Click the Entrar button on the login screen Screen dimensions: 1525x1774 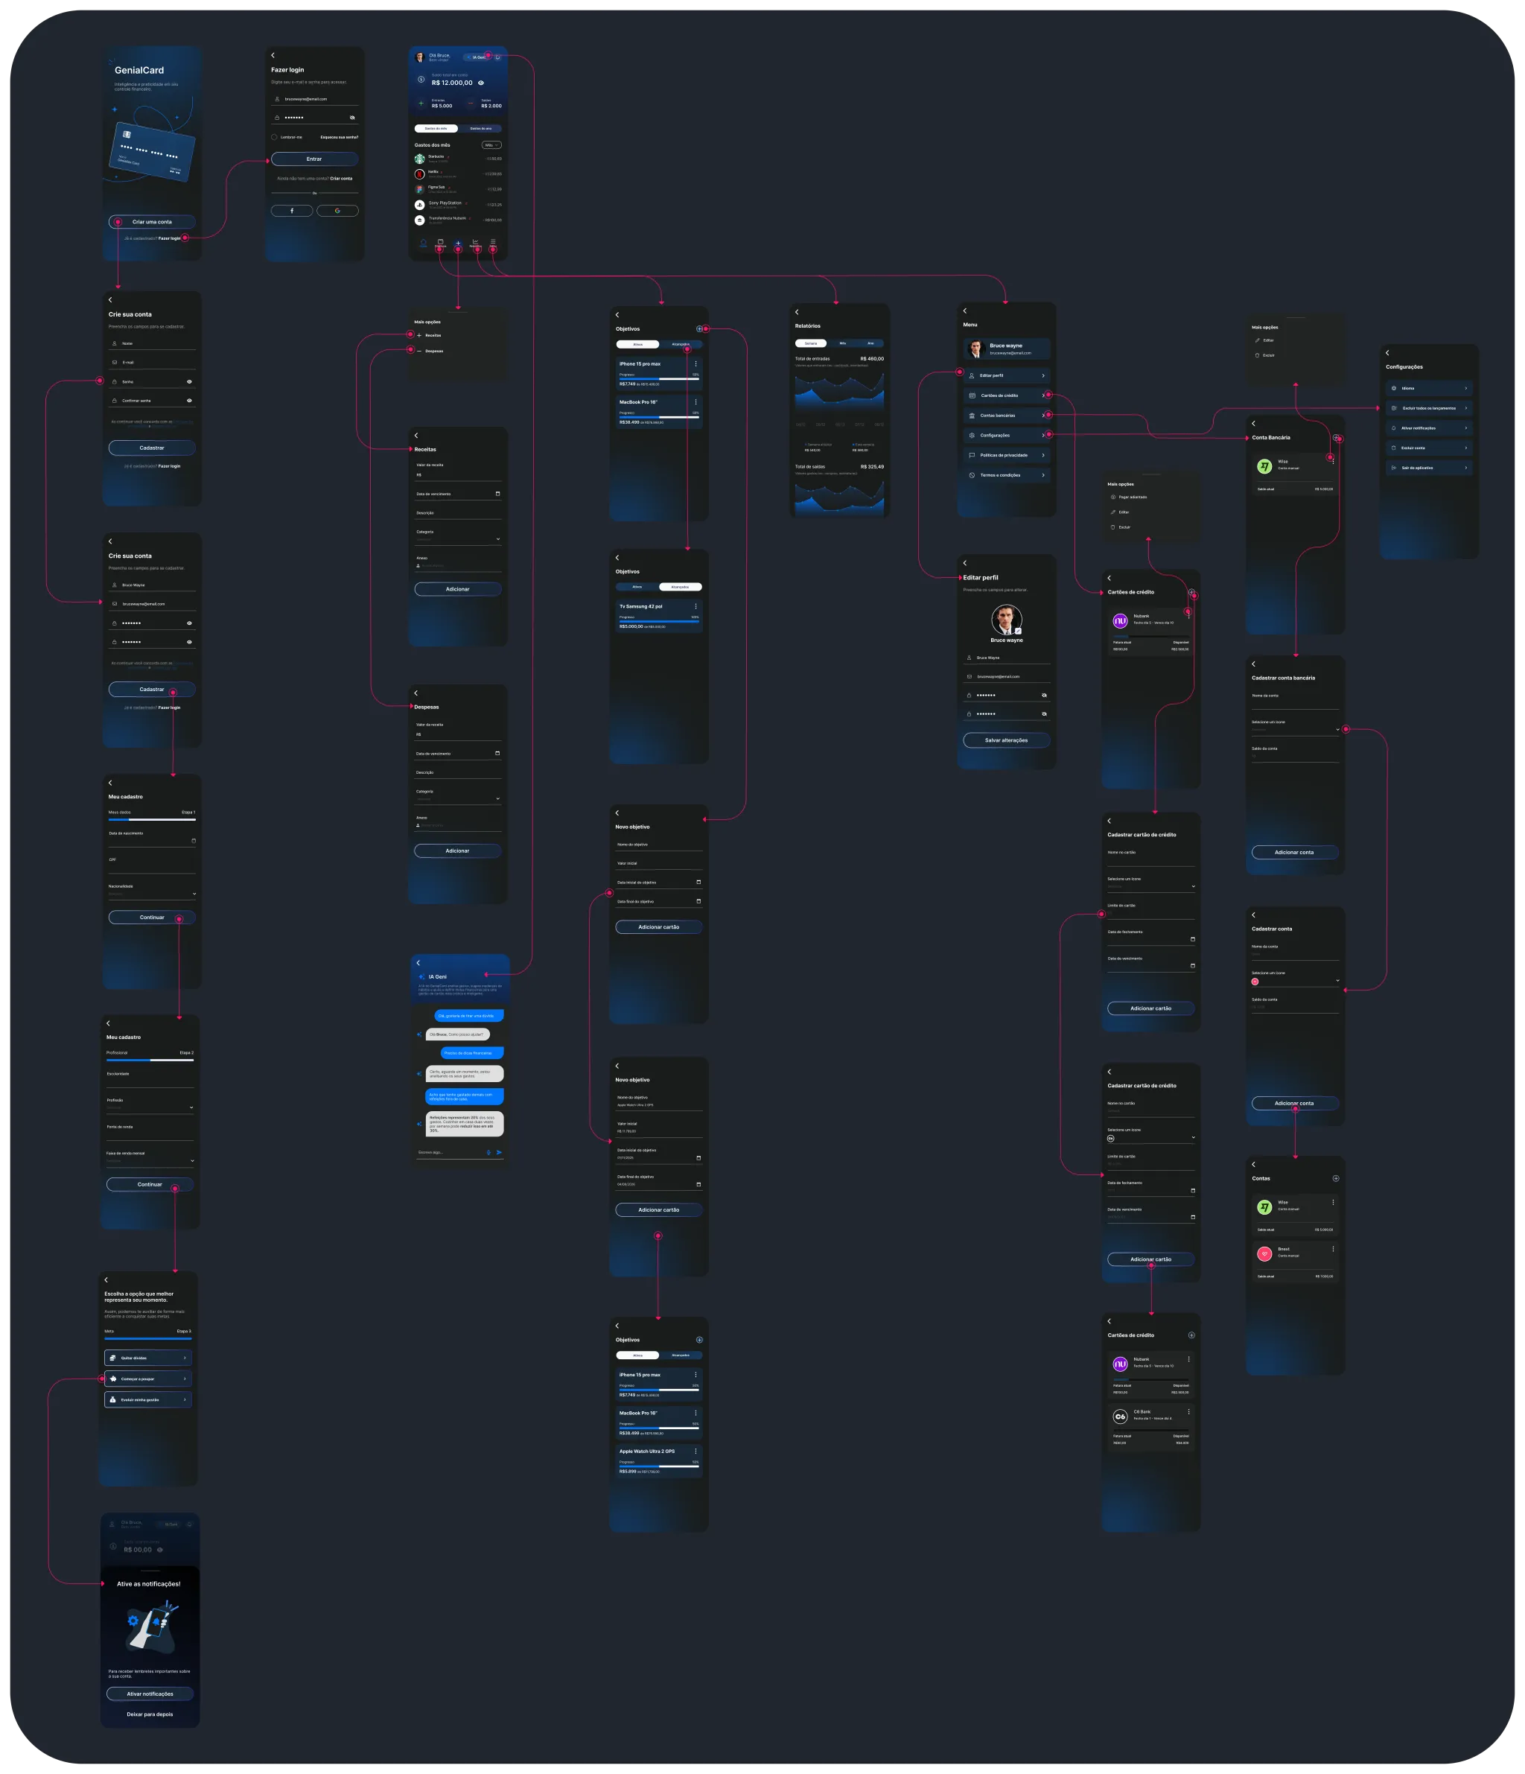pos(314,159)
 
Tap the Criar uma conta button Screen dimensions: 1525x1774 pos(152,222)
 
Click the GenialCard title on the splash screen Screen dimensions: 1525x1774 pos(139,70)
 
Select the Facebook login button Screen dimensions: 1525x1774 pos(291,211)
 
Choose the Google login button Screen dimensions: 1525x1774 pos(337,211)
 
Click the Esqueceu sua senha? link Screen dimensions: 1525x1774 pos(339,137)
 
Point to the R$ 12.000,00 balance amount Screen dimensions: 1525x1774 pos(451,83)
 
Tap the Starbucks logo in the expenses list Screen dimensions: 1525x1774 pos(419,159)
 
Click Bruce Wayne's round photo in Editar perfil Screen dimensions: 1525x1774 pos(1006,620)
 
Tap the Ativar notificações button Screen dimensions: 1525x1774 pos(150,1694)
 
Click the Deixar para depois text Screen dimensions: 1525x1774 pos(150,1714)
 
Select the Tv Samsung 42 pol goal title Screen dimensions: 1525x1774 pos(640,606)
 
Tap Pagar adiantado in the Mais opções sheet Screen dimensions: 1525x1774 pos(1132,497)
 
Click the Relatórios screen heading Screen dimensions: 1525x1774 pos(807,326)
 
